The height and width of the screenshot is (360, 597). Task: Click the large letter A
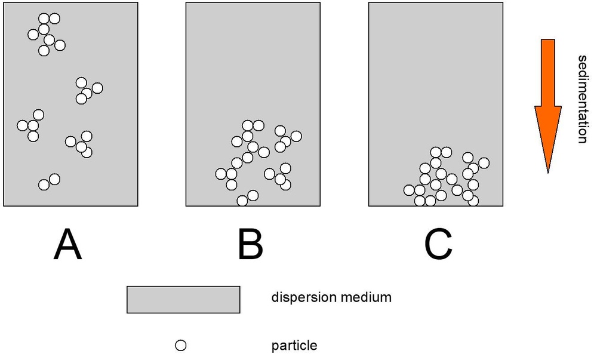point(68,245)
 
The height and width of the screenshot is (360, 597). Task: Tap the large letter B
point(250,245)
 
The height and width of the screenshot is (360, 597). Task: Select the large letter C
point(438,245)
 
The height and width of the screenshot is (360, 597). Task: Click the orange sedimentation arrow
point(548,106)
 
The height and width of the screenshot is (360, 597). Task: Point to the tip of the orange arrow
point(548,173)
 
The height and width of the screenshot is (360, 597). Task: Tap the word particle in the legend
point(294,346)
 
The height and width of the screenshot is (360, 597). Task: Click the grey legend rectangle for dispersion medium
point(183,300)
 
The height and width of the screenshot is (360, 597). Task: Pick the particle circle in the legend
point(180,346)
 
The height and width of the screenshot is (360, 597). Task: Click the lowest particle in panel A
point(44,185)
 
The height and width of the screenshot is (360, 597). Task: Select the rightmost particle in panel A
point(97,88)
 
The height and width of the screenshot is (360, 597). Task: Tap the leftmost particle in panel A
point(23,125)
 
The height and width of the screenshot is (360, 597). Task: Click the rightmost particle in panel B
point(296,136)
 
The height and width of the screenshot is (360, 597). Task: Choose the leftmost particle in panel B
point(221,174)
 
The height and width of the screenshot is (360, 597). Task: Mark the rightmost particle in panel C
point(484,163)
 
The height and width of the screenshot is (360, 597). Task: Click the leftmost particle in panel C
point(409,190)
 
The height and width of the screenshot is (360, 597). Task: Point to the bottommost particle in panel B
point(242,201)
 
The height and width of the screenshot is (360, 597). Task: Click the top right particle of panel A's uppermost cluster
point(54,19)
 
